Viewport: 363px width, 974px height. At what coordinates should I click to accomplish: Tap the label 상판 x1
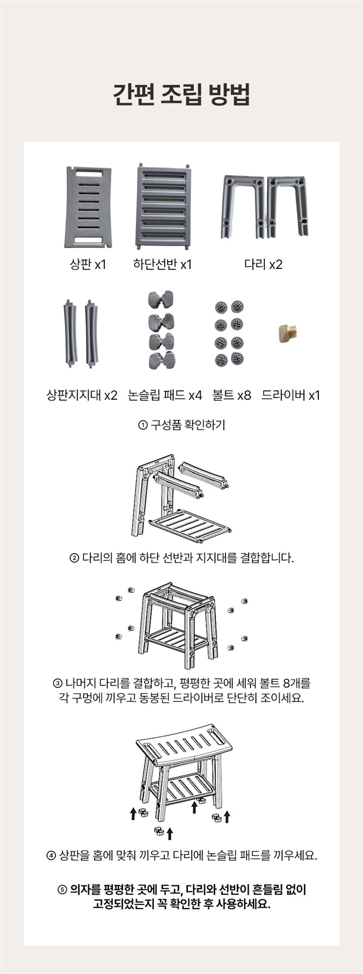pyautogui.click(x=88, y=264)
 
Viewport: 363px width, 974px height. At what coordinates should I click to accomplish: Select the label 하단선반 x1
pyautogui.click(x=162, y=264)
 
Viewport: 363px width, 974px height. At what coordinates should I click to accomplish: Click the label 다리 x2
pyautogui.click(x=264, y=264)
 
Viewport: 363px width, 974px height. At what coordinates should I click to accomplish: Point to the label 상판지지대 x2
pyautogui.click(x=82, y=395)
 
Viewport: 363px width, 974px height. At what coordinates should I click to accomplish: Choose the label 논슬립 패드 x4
pyautogui.click(x=165, y=395)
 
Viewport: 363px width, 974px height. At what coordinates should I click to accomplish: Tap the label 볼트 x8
pyautogui.click(x=231, y=395)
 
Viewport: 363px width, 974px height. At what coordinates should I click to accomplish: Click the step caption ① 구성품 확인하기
pyautogui.click(x=181, y=425)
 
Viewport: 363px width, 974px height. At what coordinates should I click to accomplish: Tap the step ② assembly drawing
pyautogui.click(x=181, y=499)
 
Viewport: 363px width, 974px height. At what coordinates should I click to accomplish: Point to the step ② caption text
pyautogui.click(x=181, y=558)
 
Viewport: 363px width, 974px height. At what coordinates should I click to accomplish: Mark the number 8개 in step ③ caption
pyautogui.click(x=291, y=682)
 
